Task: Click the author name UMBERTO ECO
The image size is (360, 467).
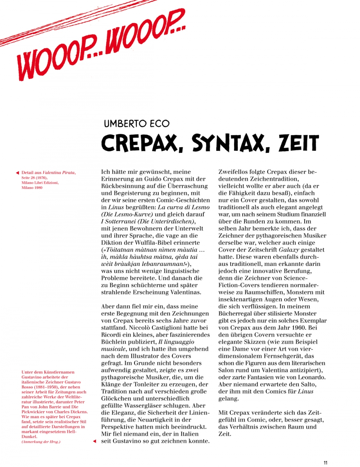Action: pyautogui.click(x=136, y=124)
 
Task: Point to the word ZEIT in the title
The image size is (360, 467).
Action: pyautogui.click(x=299, y=143)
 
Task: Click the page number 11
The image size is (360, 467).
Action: pyautogui.click(x=325, y=463)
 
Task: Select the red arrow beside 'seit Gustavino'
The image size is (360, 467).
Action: pyautogui.click(x=95, y=441)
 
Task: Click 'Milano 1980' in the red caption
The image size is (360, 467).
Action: pyautogui.click(x=32, y=187)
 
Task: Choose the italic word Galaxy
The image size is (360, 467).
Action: pyautogui.click(x=289, y=250)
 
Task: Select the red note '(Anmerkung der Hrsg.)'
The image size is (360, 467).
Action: pyautogui.click(x=41, y=441)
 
